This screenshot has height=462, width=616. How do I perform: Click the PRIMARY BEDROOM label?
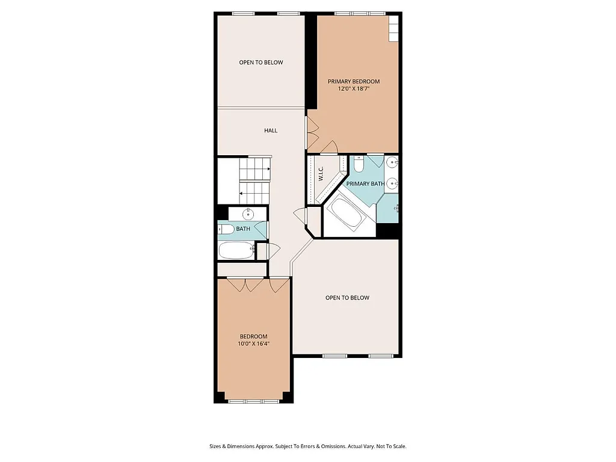point(353,81)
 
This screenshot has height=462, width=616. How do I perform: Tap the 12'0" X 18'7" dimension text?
point(353,89)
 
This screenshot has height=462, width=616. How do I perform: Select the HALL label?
point(271,131)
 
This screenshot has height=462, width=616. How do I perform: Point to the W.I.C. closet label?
point(321,174)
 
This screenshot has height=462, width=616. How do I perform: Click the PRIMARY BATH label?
point(365,183)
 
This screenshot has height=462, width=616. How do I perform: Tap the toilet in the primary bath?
point(358,164)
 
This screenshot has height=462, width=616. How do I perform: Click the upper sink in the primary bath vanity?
point(392,162)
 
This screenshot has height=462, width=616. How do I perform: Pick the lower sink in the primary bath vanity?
point(392,183)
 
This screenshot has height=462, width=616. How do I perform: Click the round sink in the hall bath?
point(248,214)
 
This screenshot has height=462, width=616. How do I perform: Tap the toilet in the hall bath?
point(226,229)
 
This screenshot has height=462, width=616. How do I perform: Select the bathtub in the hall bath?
point(236,250)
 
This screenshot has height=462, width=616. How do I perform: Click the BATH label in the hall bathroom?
point(243,229)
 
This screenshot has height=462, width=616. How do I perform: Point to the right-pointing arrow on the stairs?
point(268,170)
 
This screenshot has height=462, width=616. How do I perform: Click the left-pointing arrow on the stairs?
point(241,193)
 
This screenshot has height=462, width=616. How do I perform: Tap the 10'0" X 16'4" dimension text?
point(253,344)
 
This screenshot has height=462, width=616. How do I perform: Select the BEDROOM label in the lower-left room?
point(253,336)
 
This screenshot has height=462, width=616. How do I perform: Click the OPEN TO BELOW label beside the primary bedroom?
point(260,63)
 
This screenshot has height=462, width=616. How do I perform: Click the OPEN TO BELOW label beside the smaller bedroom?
point(347,298)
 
